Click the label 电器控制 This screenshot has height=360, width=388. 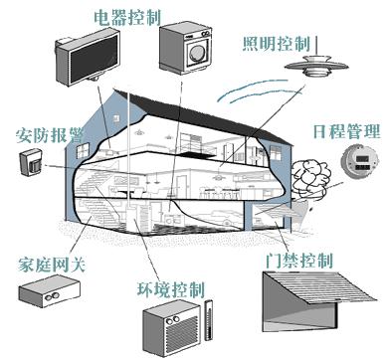127,17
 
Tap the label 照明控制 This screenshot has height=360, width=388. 277,44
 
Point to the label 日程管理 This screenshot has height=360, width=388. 346,131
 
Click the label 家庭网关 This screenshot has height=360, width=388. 52,265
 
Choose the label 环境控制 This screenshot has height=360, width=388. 171,289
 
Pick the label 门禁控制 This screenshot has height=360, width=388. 298,261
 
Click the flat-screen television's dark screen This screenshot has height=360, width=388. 94,59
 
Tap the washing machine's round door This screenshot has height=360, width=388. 197,52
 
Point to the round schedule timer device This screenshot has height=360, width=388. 360,161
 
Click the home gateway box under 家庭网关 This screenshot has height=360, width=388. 49,290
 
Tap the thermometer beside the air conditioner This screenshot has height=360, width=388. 208,320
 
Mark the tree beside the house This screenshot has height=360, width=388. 311,179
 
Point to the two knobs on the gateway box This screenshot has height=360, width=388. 52,296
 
